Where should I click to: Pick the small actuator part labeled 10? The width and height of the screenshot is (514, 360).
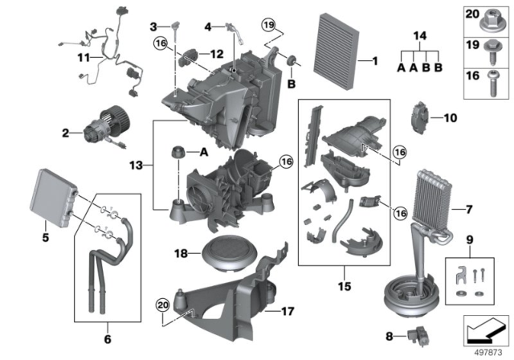[x=421, y=119]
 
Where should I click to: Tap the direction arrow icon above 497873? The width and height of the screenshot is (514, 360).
[x=487, y=328]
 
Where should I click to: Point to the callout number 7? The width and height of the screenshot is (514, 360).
[x=467, y=211]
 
